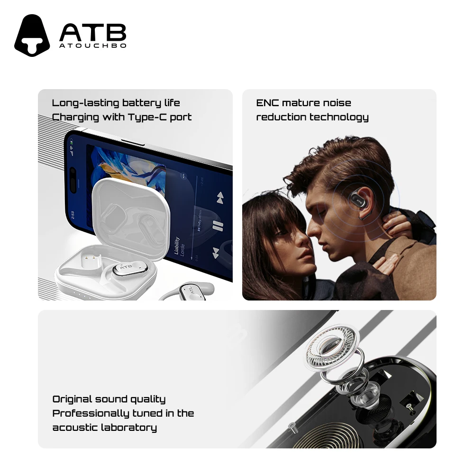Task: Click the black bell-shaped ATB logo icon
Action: pos(32,36)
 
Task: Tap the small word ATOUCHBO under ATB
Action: pos(92,46)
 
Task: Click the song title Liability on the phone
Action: pos(177,246)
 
